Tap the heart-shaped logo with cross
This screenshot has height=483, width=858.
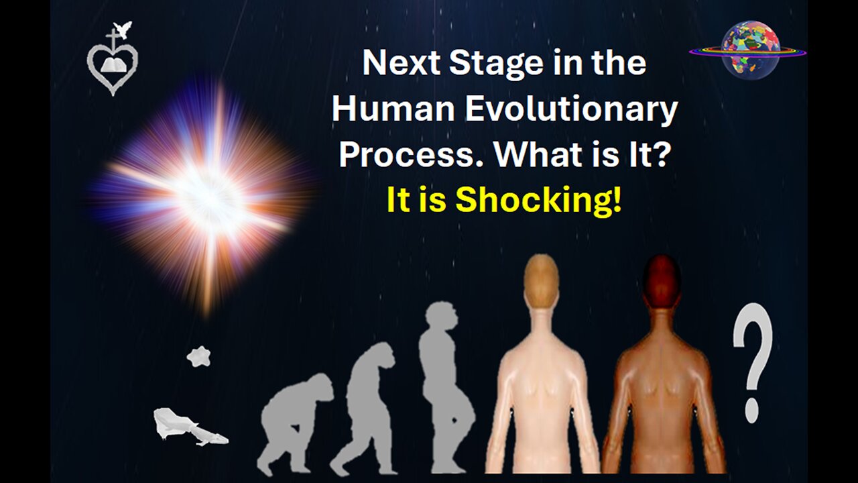coord(112,64)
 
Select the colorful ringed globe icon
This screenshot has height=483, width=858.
coord(749,50)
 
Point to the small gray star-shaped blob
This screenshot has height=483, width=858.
coord(198,356)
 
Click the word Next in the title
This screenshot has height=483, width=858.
coord(393,63)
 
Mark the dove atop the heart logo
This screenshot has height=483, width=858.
coord(123,30)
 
